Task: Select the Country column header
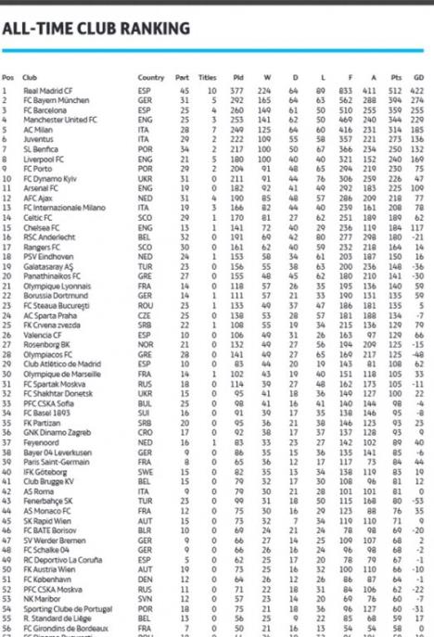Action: point(150,77)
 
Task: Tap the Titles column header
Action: point(209,77)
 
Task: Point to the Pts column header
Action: point(397,77)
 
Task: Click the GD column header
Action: point(418,77)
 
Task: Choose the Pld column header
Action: point(238,77)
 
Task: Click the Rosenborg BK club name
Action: point(43,341)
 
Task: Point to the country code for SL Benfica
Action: point(145,147)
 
